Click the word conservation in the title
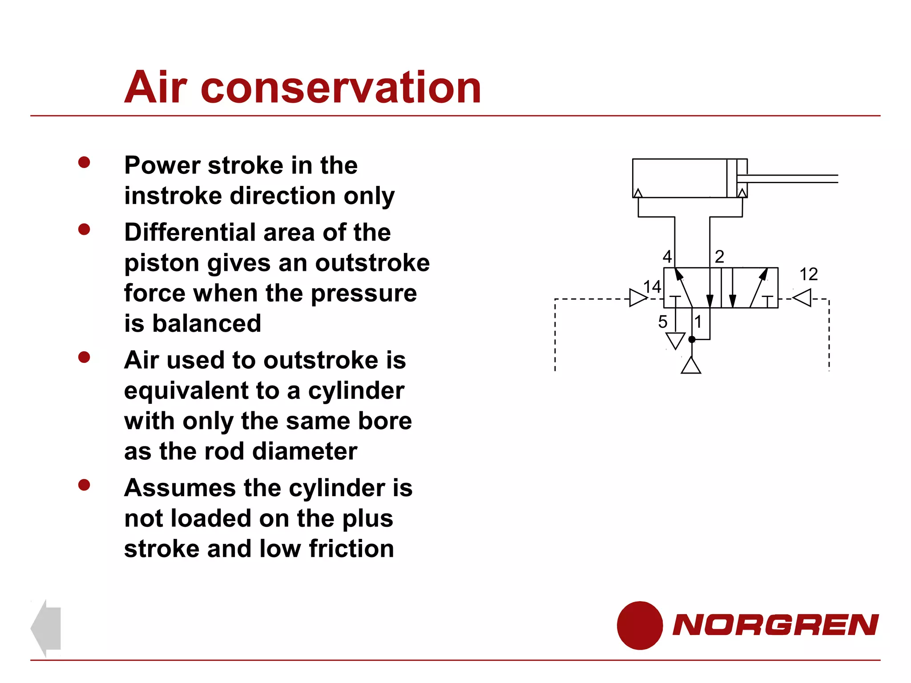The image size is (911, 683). click(x=341, y=88)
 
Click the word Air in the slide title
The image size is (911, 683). click(x=155, y=88)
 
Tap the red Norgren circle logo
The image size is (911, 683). click(x=640, y=625)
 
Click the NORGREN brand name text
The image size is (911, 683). click(x=775, y=625)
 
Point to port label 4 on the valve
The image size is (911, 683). click(x=667, y=257)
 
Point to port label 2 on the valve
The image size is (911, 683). click(x=719, y=257)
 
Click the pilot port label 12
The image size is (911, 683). click(x=808, y=274)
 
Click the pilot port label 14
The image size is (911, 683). click(x=652, y=287)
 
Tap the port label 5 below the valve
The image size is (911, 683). click(x=663, y=322)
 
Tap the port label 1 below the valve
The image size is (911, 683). click(x=698, y=322)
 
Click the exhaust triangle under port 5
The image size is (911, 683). click(x=675, y=341)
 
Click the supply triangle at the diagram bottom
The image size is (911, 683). click(x=691, y=366)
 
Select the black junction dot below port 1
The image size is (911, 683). click(x=692, y=339)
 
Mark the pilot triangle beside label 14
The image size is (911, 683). click(x=637, y=298)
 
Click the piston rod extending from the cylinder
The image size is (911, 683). click(x=792, y=179)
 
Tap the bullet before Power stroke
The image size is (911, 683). click(x=84, y=162)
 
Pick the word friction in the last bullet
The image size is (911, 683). click(x=351, y=549)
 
